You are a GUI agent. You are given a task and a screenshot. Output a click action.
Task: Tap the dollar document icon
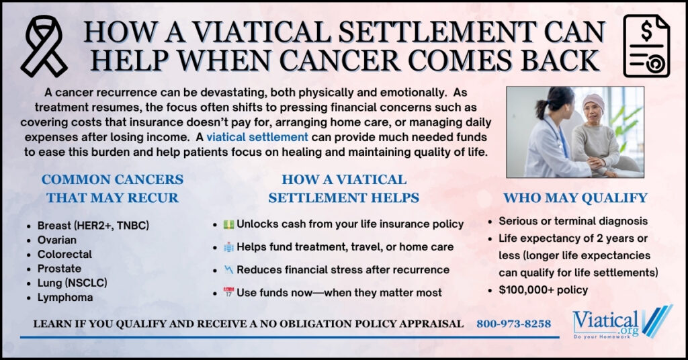[x=646, y=46]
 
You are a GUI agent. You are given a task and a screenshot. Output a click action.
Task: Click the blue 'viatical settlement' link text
[x=257, y=137]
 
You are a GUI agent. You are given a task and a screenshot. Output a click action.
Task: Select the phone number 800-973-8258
[x=513, y=324]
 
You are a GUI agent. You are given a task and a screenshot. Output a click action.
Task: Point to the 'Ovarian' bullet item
[x=57, y=240]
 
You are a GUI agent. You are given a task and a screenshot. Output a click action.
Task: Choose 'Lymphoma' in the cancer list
[x=65, y=298]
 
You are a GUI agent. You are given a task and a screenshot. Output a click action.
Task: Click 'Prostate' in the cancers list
[x=59, y=269]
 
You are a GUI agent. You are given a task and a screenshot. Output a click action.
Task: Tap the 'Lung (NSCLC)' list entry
[x=73, y=283]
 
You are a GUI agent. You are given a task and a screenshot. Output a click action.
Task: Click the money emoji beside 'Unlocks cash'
[x=228, y=224]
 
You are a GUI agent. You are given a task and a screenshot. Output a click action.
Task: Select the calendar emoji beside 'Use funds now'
[x=228, y=292]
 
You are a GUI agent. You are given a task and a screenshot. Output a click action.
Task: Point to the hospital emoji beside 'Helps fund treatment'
[x=228, y=247]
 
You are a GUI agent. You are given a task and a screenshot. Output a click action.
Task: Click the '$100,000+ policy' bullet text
[x=543, y=290]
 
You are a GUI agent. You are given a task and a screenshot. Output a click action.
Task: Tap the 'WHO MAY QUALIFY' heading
[x=575, y=197]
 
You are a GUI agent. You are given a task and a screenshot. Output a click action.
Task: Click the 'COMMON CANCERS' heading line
[x=112, y=179]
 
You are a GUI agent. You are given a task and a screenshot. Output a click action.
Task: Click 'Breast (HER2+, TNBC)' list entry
[x=93, y=226]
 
